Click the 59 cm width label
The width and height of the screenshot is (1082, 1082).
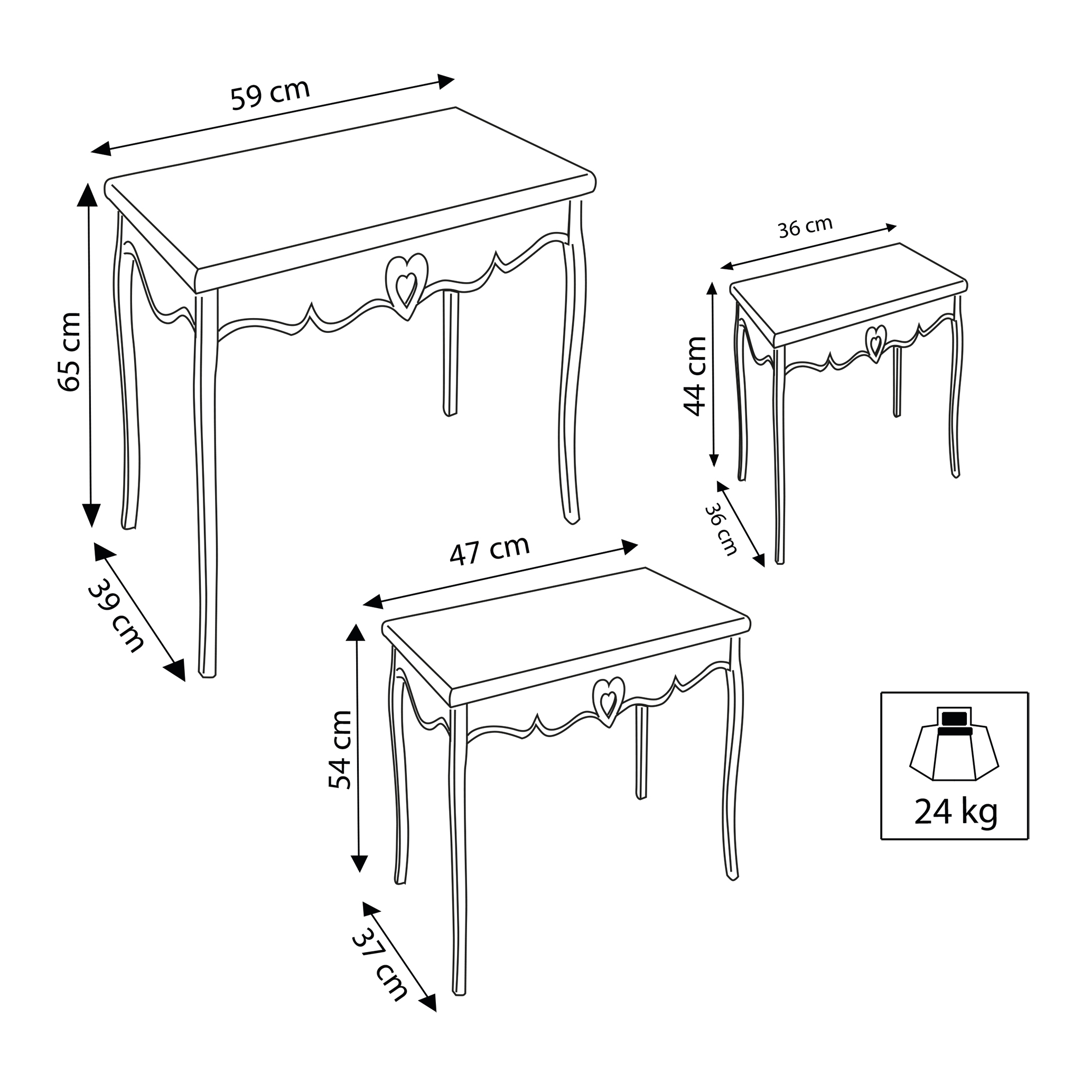270,95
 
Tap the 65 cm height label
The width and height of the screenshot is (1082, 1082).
70,352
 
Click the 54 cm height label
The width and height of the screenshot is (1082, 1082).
340,750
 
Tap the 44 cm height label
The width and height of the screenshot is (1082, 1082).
696,376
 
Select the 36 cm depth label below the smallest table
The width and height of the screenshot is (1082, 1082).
721,530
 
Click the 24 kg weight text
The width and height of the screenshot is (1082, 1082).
956,813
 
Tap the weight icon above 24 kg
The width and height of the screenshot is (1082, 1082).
954,744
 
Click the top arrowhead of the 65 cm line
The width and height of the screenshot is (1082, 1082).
87,194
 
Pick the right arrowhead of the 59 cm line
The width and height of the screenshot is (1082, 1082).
446,81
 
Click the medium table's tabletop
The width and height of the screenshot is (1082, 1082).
566,636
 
